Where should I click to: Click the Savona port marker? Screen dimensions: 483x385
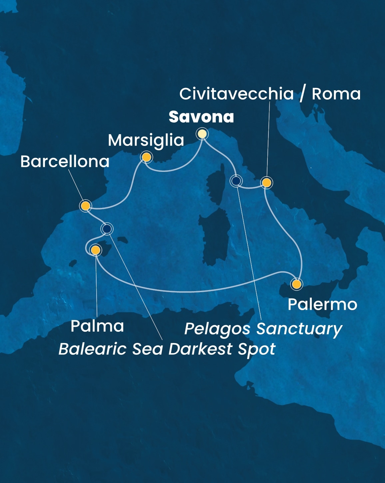point(202,134)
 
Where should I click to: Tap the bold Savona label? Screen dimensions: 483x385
point(201,117)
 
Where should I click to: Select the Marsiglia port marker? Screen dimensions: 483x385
point(146,157)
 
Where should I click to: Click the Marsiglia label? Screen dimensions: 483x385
point(146,140)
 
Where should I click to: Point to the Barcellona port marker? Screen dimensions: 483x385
point(86,206)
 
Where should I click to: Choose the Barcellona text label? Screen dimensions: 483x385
point(65,162)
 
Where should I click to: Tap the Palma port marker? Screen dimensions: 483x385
point(96,250)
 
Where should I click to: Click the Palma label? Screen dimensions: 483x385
point(97,326)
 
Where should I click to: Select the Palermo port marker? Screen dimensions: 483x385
point(296,284)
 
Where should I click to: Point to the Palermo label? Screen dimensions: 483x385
point(322,304)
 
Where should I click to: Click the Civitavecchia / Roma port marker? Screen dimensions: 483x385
point(266,183)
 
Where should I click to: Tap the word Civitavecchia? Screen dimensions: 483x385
point(236,94)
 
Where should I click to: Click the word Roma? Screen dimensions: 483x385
point(336,94)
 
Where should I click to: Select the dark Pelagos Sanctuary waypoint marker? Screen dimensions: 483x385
point(236,181)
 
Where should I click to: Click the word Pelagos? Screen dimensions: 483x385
point(217,329)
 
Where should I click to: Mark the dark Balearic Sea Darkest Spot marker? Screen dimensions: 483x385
point(107,229)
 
